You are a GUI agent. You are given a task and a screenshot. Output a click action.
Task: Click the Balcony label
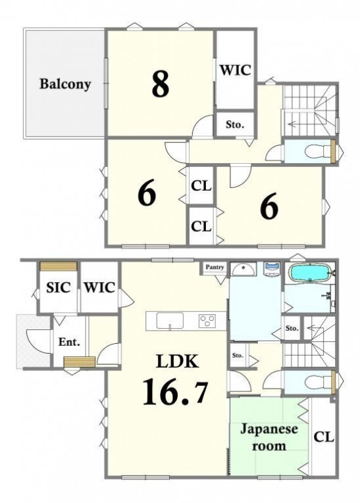(x=65, y=84)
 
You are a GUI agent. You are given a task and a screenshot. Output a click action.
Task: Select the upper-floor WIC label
(x=235, y=70)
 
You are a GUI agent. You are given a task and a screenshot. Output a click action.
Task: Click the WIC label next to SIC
(x=99, y=287)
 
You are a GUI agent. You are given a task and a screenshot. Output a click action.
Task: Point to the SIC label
(x=59, y=287)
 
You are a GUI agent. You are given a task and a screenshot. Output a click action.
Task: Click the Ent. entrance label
(x=69, y=342)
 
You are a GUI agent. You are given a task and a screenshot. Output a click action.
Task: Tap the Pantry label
(x=215, y=267)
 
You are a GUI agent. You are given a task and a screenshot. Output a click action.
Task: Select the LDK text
(x=177, y=362)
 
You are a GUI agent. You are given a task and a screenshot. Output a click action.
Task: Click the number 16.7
(x=175, y=391)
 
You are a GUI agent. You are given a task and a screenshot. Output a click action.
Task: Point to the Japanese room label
(x=269, y=437)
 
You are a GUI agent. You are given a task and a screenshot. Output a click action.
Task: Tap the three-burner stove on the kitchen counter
(x=207, y=321)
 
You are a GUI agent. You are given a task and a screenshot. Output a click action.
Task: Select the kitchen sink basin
(x=170, y=320)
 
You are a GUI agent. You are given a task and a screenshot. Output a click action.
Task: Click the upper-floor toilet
(x=317, y=151)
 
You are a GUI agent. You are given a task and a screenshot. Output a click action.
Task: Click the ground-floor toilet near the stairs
(x=317, y=383)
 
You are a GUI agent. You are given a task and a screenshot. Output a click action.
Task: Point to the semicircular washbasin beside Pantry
(x=244, y=270)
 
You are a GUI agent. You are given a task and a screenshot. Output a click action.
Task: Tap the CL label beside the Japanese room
(x=324, y=437)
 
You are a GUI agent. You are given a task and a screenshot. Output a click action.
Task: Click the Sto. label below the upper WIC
(x=235, y=124)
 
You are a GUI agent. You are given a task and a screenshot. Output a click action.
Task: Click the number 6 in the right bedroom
(x=269, y=207)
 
